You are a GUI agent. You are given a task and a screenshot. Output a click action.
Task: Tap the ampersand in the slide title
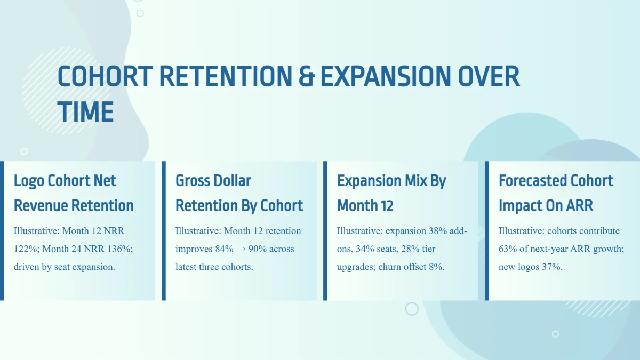click(x=306, y=76)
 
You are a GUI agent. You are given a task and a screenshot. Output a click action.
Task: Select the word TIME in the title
click(x=85, y=112)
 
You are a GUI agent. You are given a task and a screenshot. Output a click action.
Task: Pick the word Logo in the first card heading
click(x=29, y=181)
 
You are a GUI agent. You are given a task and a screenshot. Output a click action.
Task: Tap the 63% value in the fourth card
click(x=508, y=249)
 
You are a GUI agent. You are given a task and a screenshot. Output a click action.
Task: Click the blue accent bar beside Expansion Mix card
click(x=325, y=230)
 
